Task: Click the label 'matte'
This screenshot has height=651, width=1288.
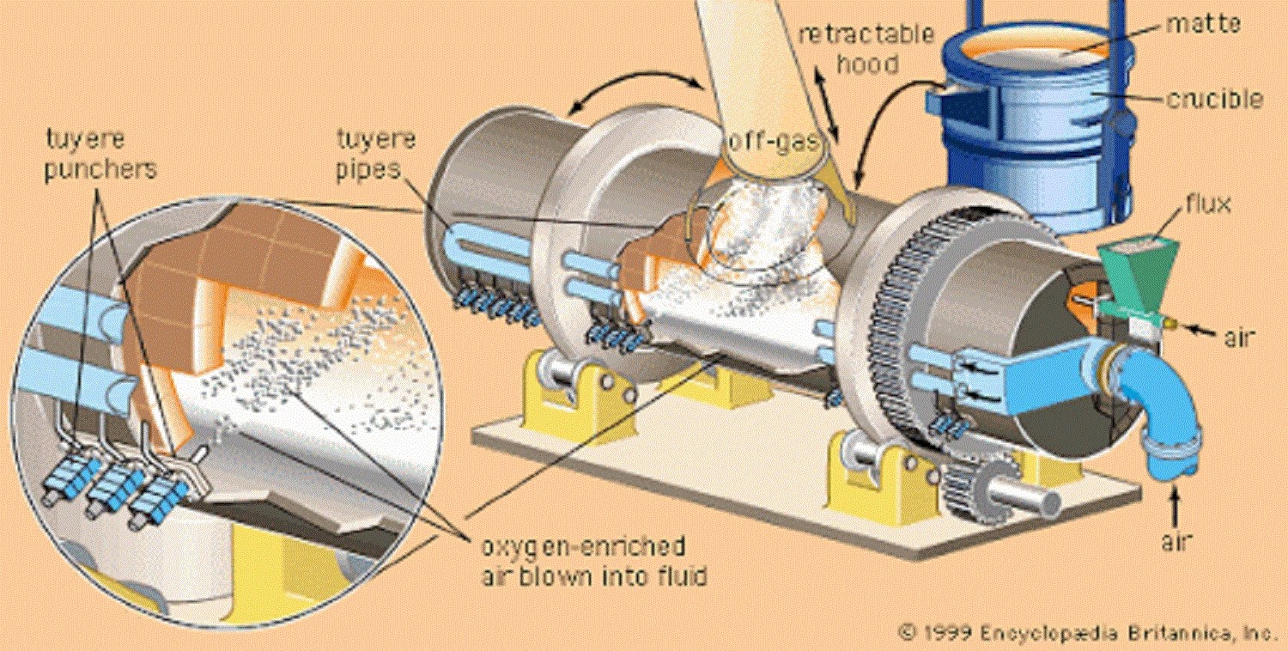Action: tap(1202, 25)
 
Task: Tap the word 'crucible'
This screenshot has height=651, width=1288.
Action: tap(1213, 100)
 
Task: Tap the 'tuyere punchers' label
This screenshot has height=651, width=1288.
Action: tap(101, 155)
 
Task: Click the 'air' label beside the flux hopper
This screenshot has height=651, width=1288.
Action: tap(1236, 338)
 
